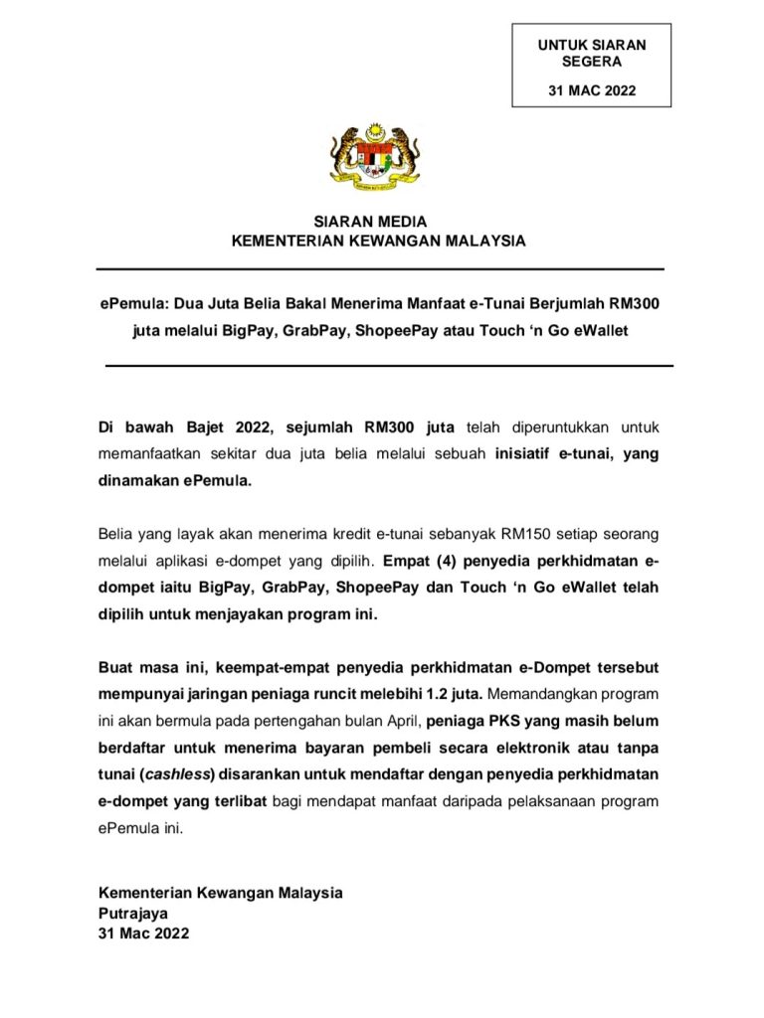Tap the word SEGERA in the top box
pos(591,61)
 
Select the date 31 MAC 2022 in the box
pos(591,91)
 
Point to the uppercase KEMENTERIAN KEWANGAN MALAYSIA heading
pos(378,241)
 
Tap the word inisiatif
pos(532,453)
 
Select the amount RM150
pos(505,534)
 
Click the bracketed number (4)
pos(453,561)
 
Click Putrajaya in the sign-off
pos(133,913)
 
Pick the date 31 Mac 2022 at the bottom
pos(143,933)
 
